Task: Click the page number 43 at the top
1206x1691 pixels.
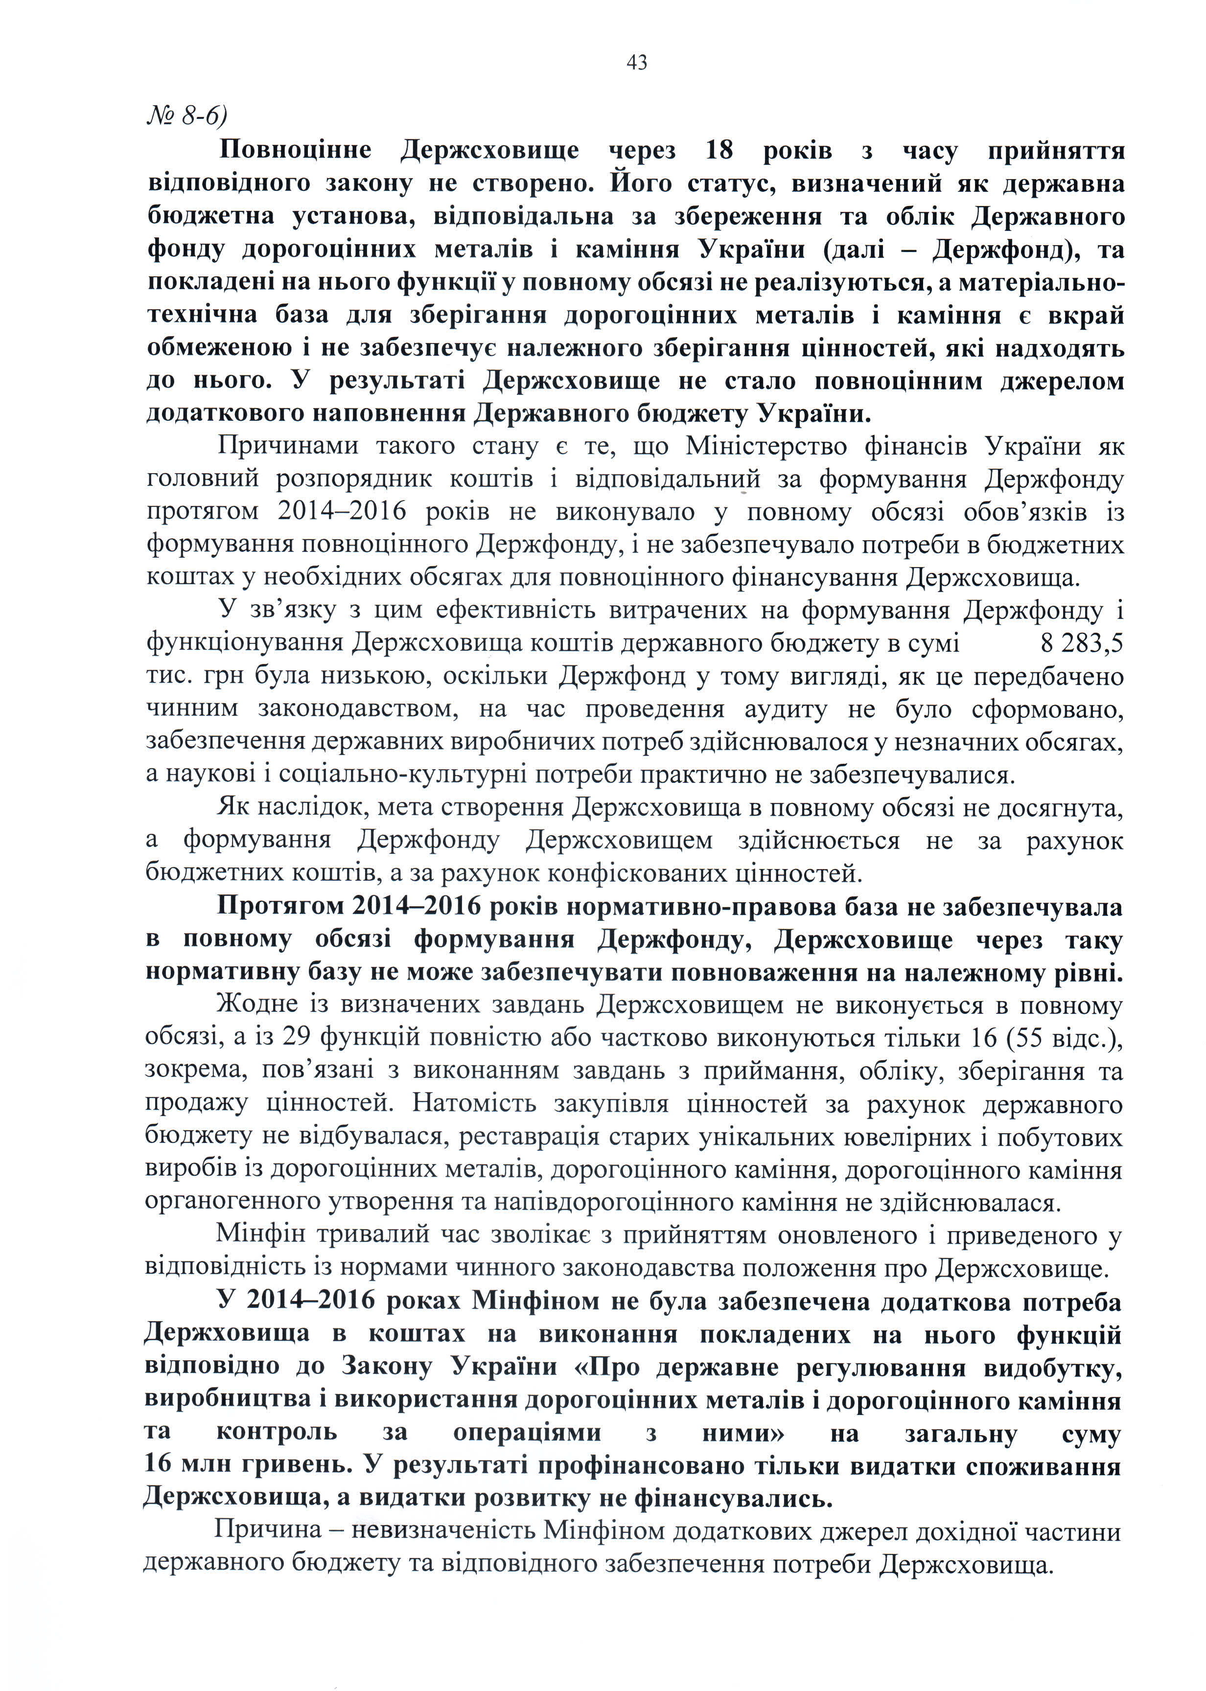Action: pyautogui.click(x=636, y=63)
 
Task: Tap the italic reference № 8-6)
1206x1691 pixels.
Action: pyautogui.click(x=186, y=117)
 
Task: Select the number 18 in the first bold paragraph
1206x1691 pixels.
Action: pyautogui.click(x=719, y=151)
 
